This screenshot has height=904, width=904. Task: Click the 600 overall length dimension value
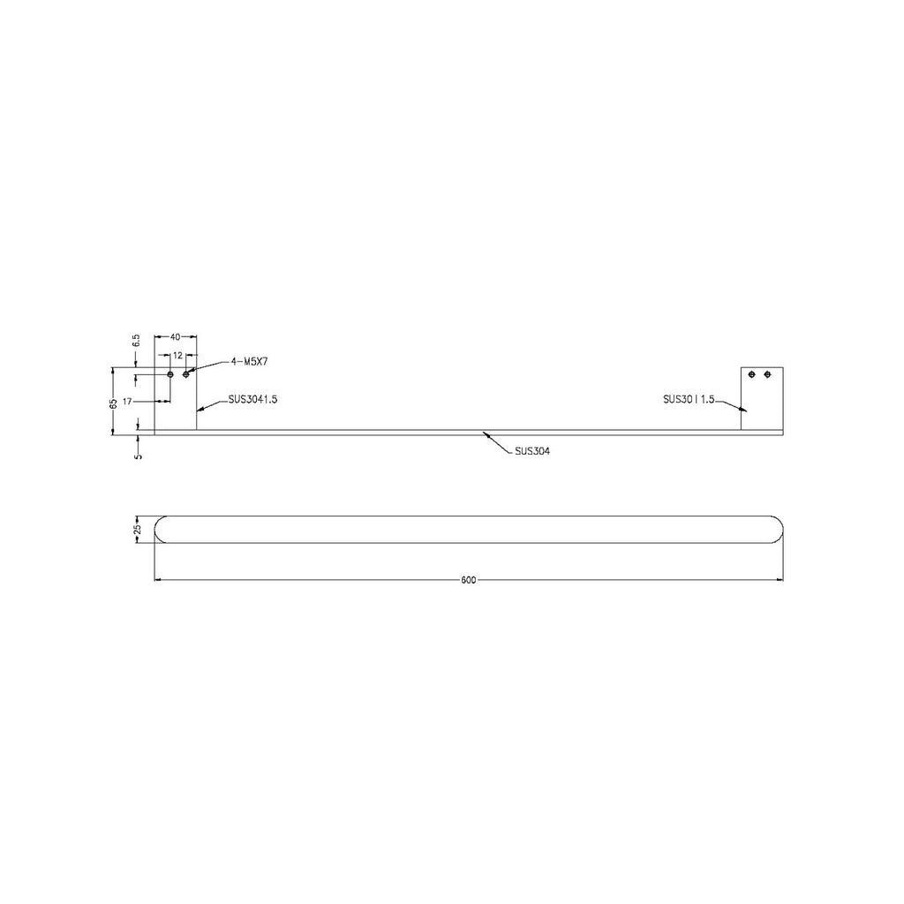click(x=468, y=580)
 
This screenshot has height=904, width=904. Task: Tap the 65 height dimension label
click(x=114, y=403)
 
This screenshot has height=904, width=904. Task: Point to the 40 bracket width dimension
click(x=175, y=336)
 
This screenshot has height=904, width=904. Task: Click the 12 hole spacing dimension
click(x=177, y=355)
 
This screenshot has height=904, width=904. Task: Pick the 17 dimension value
click(x=128, y=402)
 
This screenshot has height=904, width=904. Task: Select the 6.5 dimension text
click(x=136, y=339)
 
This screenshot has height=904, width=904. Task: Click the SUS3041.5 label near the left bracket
click(x=252, y=399)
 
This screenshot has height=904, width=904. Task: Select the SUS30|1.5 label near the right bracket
click(x=688, y=399)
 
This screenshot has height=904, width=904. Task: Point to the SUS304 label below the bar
click(x=532, y=451)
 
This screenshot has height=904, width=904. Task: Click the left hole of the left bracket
click(x=171, y=375)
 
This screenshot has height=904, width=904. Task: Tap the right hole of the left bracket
click(x=186, y=375)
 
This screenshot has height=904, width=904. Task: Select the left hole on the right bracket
click(x=753, y=374)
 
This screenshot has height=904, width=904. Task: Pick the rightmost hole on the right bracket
click(x=768, y=374)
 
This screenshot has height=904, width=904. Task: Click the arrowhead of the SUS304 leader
click(x=486, y=434)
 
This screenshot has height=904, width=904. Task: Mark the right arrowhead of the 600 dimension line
click(x=780, y=580)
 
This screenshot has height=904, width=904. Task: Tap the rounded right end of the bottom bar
click(x=779, y=529)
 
